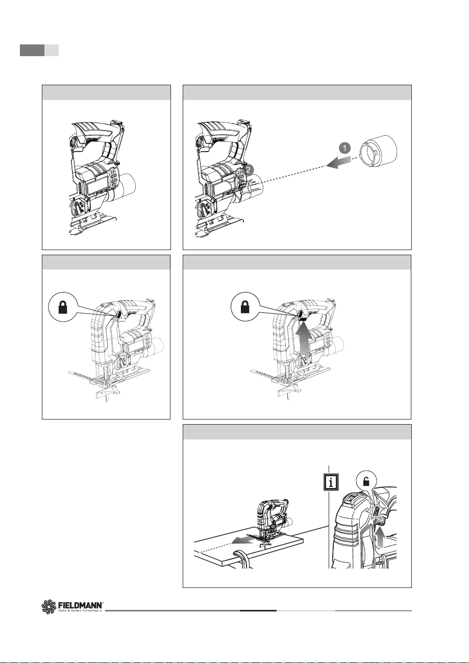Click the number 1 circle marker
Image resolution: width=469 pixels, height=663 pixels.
(344, 148)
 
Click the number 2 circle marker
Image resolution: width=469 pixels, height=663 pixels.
(249, 169)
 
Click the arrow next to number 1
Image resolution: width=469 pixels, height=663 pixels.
(338, 162)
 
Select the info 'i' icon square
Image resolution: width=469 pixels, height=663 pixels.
(331, 483)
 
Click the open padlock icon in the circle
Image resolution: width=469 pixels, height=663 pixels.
(366, 482)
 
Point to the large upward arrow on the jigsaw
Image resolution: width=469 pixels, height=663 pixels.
(303, 340)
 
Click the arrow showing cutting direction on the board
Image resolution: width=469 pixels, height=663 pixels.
(242, 541)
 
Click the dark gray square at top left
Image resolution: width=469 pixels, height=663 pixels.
(32, 51)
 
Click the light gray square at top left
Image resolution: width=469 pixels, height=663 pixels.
(52, 51)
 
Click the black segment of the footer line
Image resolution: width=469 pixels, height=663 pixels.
(258, 610)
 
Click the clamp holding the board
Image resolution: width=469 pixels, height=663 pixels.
(242, 559)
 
